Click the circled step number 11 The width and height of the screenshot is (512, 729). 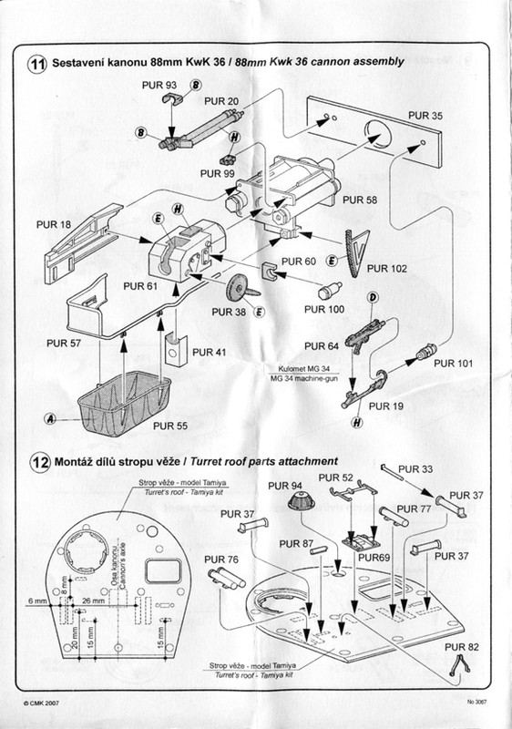click(37, 64)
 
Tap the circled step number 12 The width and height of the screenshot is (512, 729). click(40, 463)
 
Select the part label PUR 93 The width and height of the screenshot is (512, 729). click(159, 85)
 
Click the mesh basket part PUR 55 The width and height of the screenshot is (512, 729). click(124, 403)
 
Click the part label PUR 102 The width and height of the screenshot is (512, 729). click(386, 269)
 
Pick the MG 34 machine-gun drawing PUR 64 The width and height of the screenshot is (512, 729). click(364, 334)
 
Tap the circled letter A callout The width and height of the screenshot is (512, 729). click(50, 419)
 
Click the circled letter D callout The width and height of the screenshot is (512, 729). click(372, 298)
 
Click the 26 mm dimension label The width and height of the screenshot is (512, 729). click(93, 601)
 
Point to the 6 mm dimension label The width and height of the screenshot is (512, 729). click(37, 601)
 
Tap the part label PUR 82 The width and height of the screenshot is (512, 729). click(461, 647)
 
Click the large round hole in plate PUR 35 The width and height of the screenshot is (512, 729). click(379, 134)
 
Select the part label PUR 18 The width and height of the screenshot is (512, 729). click(54, 224)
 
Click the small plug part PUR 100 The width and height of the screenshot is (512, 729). click(330, 291)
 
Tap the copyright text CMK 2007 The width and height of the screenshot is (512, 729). click(41, 703)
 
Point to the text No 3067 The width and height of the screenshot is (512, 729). click(477, 702)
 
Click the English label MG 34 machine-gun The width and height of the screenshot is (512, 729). click(304, 378)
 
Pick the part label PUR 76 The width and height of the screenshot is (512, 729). click(221, 560)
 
